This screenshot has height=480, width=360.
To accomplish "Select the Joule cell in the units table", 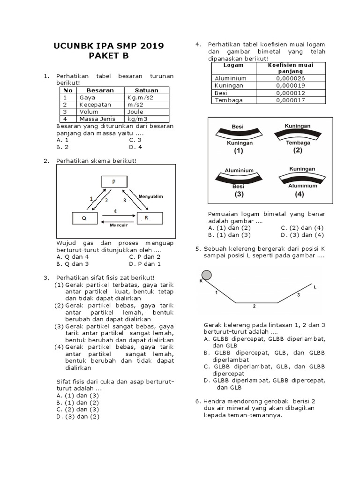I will click(135, 112).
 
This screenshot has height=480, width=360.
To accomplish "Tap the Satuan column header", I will click(146, 90).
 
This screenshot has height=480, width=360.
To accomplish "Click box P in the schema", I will click(113, 182).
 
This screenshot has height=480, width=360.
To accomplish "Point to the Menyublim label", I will click(150, 196).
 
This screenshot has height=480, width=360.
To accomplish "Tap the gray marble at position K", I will click(206, 275).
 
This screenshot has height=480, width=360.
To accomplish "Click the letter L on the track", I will click(315, 286).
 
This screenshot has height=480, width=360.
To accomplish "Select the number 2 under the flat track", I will click(254, 307).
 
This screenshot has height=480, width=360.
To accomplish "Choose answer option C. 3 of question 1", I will click(135, 140).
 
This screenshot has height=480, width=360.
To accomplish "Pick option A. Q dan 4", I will click(72, 257).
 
